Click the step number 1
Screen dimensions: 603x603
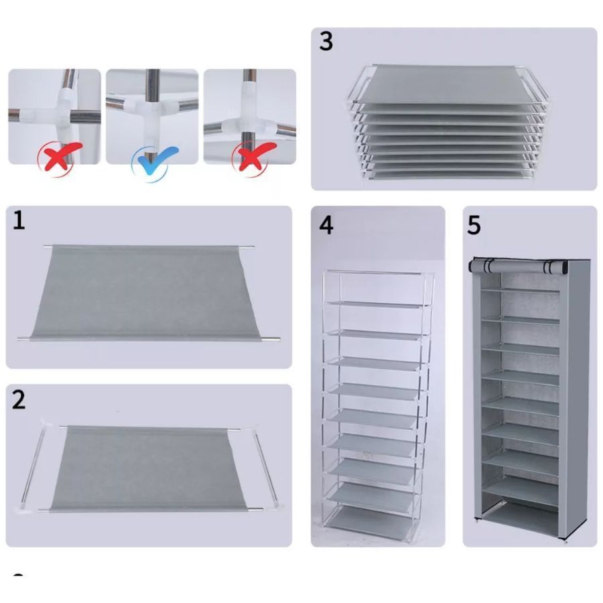[x=19, y=220]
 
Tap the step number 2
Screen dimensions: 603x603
[x=19, y=399]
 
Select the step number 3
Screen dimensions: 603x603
[x=326, y=42]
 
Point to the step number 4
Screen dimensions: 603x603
[x=326, y=225]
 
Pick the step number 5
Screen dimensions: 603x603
[x=474, y=225]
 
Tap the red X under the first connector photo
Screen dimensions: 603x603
[x=61, y=157]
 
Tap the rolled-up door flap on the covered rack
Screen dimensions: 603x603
[x=518, y=266]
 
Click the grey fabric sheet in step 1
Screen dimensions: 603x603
[x=149, y=293]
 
